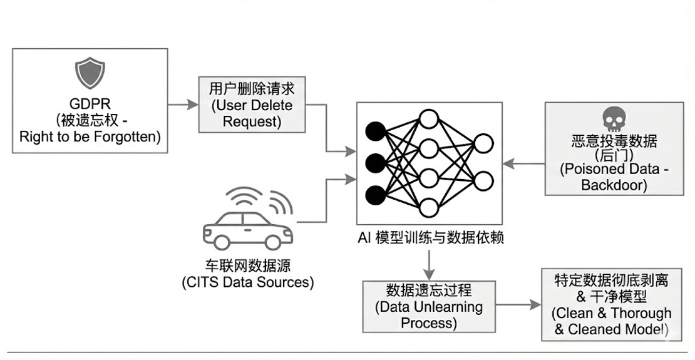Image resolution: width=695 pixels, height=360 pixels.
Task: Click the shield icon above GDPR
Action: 90,73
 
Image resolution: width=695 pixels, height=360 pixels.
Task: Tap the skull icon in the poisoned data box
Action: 614,120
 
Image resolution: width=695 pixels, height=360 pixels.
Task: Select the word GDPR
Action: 90,104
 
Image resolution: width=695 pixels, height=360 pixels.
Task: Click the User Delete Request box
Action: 252,105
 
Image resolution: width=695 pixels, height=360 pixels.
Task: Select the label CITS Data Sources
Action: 248,282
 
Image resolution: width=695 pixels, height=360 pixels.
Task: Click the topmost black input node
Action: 376,131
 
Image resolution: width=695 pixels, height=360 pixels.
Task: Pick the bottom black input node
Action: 376,195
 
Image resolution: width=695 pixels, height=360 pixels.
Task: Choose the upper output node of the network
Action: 483,143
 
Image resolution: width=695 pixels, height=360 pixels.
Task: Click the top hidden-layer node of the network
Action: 429,118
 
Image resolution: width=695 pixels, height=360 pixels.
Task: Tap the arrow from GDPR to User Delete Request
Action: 183,105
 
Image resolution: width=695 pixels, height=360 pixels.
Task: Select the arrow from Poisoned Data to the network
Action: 524,163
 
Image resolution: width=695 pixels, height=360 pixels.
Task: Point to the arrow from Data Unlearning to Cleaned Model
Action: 518,305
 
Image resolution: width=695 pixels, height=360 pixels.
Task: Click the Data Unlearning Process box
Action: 429,307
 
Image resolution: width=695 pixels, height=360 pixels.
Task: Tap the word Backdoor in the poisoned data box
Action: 614,185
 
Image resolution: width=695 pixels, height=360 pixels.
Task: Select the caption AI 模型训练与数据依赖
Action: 431,238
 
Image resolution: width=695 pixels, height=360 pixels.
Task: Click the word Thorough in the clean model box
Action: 641,313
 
